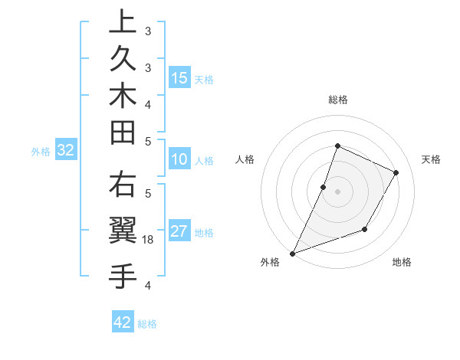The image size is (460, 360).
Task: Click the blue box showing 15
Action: [179, 77]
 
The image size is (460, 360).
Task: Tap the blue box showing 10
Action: [179, 160]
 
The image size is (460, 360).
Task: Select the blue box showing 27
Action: [179, 232]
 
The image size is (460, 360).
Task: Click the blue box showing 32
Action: [66, 151]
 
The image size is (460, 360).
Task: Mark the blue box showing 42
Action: [123, 322]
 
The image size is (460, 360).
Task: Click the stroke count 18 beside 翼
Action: [149, 240]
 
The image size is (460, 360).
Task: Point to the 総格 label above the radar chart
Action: [337, 100]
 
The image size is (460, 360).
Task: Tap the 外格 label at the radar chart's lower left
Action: [270, 263]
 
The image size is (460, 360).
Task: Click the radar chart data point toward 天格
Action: [396, 172]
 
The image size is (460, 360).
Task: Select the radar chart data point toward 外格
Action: [293, 253]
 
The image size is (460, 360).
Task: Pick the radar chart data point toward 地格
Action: [365, 229]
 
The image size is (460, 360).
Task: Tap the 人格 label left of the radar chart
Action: [245, 159]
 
